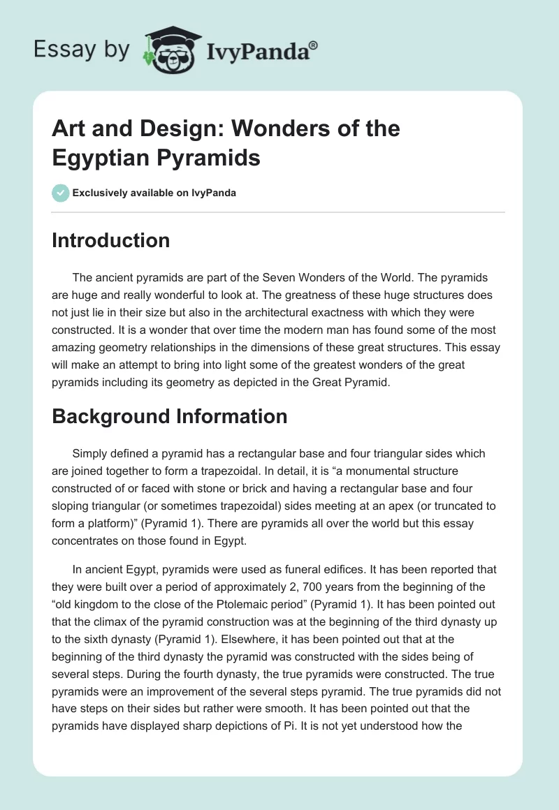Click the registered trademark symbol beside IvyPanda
pyautogui.click(x=314, y=45)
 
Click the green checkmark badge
pyautogui.click(x=61, y=193)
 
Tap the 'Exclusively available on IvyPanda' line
pyautogui.click(x=154, y=193)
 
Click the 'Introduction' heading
pyautogui.click(x=110, y=241)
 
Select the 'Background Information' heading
pyautogui.click(x=170, y=416)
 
